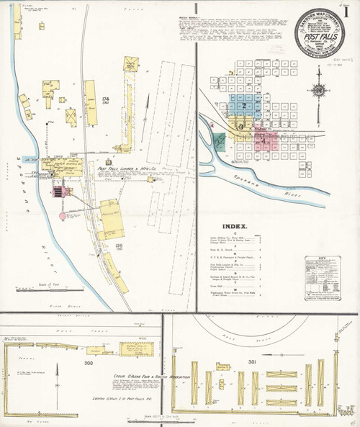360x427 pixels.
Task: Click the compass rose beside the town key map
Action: pos(317,91)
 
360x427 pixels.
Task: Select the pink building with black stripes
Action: pos(57,192)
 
